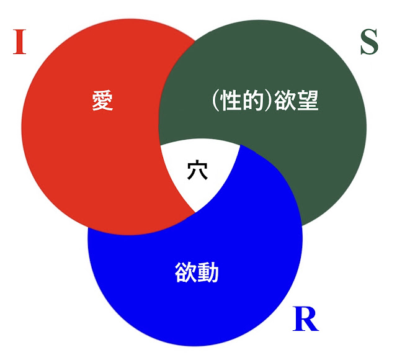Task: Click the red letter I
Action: pyautogui.click(x=19, y=42)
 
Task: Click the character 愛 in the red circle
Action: pyautogui.click(x=102, y=100)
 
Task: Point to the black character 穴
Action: pyautogui.click(x=197, y=169)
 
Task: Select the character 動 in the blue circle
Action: pyautogui.click(x=207, y=271)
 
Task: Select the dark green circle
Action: pyautogui.click(x=310, y=155)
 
